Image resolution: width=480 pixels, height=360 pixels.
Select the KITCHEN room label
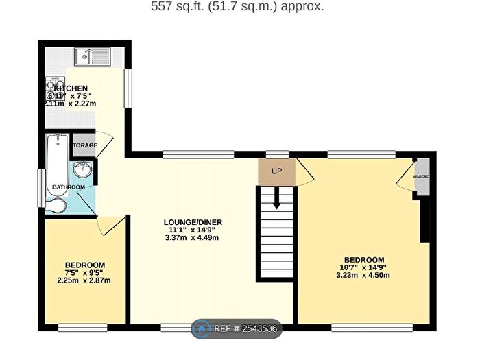tap(71, 88)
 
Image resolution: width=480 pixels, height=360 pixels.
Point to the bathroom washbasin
tap(84, 169)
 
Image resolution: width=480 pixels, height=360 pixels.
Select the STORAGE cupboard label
tap(85, 145)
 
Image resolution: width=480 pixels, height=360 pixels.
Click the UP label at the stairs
tap(277, 171)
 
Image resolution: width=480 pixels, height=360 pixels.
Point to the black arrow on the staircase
tap(276, 199)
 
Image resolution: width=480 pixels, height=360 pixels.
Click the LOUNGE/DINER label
tap(193, 222)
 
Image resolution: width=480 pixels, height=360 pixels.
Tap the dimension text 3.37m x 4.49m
tap(193, 239)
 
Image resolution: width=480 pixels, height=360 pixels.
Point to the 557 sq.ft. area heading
tap(237, 7)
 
